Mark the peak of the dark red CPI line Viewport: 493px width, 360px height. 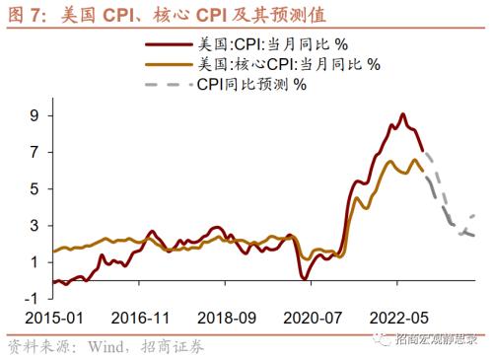point(402,114)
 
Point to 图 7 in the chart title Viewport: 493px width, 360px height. point(26,14)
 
